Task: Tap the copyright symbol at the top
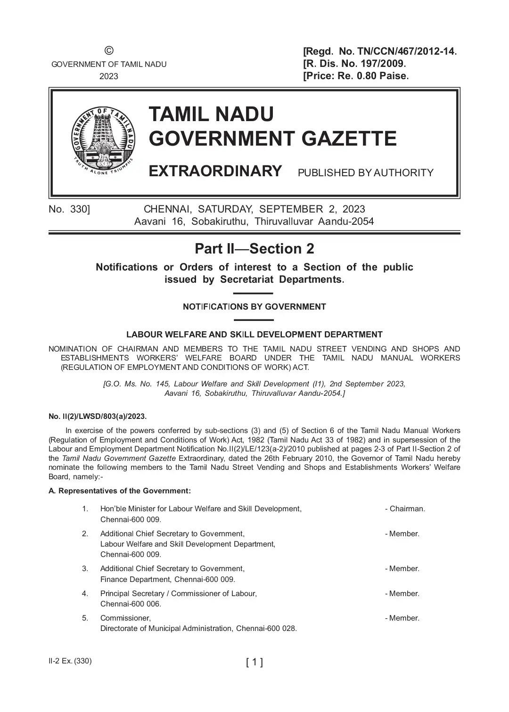click(x=108, y=51)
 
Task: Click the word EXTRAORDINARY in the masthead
click(x=215, y=171)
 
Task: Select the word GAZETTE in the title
click(x=349, y=139)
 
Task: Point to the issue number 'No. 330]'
click(x=69, y=209)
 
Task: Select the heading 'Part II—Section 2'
click(x=254, y=249)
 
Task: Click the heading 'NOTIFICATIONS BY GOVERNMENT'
click(x=254, y=307)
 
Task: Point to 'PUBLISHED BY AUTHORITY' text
click(x=365, y=173)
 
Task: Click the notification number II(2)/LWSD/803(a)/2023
click(x=98, y=416)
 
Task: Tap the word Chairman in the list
click(x=407, y=509)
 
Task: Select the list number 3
click(x=85, y=569)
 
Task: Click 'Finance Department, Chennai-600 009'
click(x=167, y=579)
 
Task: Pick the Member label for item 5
click(x=404, y=618)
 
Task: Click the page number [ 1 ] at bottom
click(x=254, y=662)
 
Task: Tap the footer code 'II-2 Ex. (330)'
click(x=70, y=661)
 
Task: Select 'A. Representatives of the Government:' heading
click(x=120, y=491)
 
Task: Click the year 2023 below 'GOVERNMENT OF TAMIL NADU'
click(x=108, y=76)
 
